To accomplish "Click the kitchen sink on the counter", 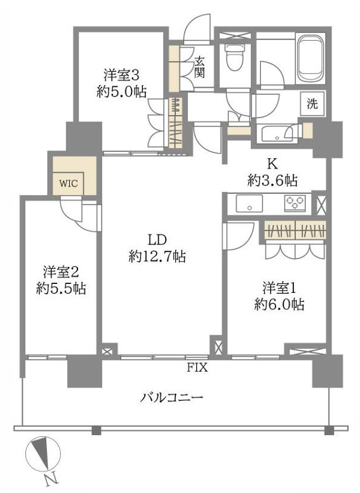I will tap(248, 203).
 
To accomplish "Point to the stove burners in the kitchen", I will tap(295, 203).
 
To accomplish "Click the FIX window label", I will tap(196, 367).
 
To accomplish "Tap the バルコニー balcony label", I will tap(171, 398).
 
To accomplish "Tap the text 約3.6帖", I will tap(273, 180).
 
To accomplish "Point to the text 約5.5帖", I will tap(61, 288).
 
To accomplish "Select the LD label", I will tap(157, 240).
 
